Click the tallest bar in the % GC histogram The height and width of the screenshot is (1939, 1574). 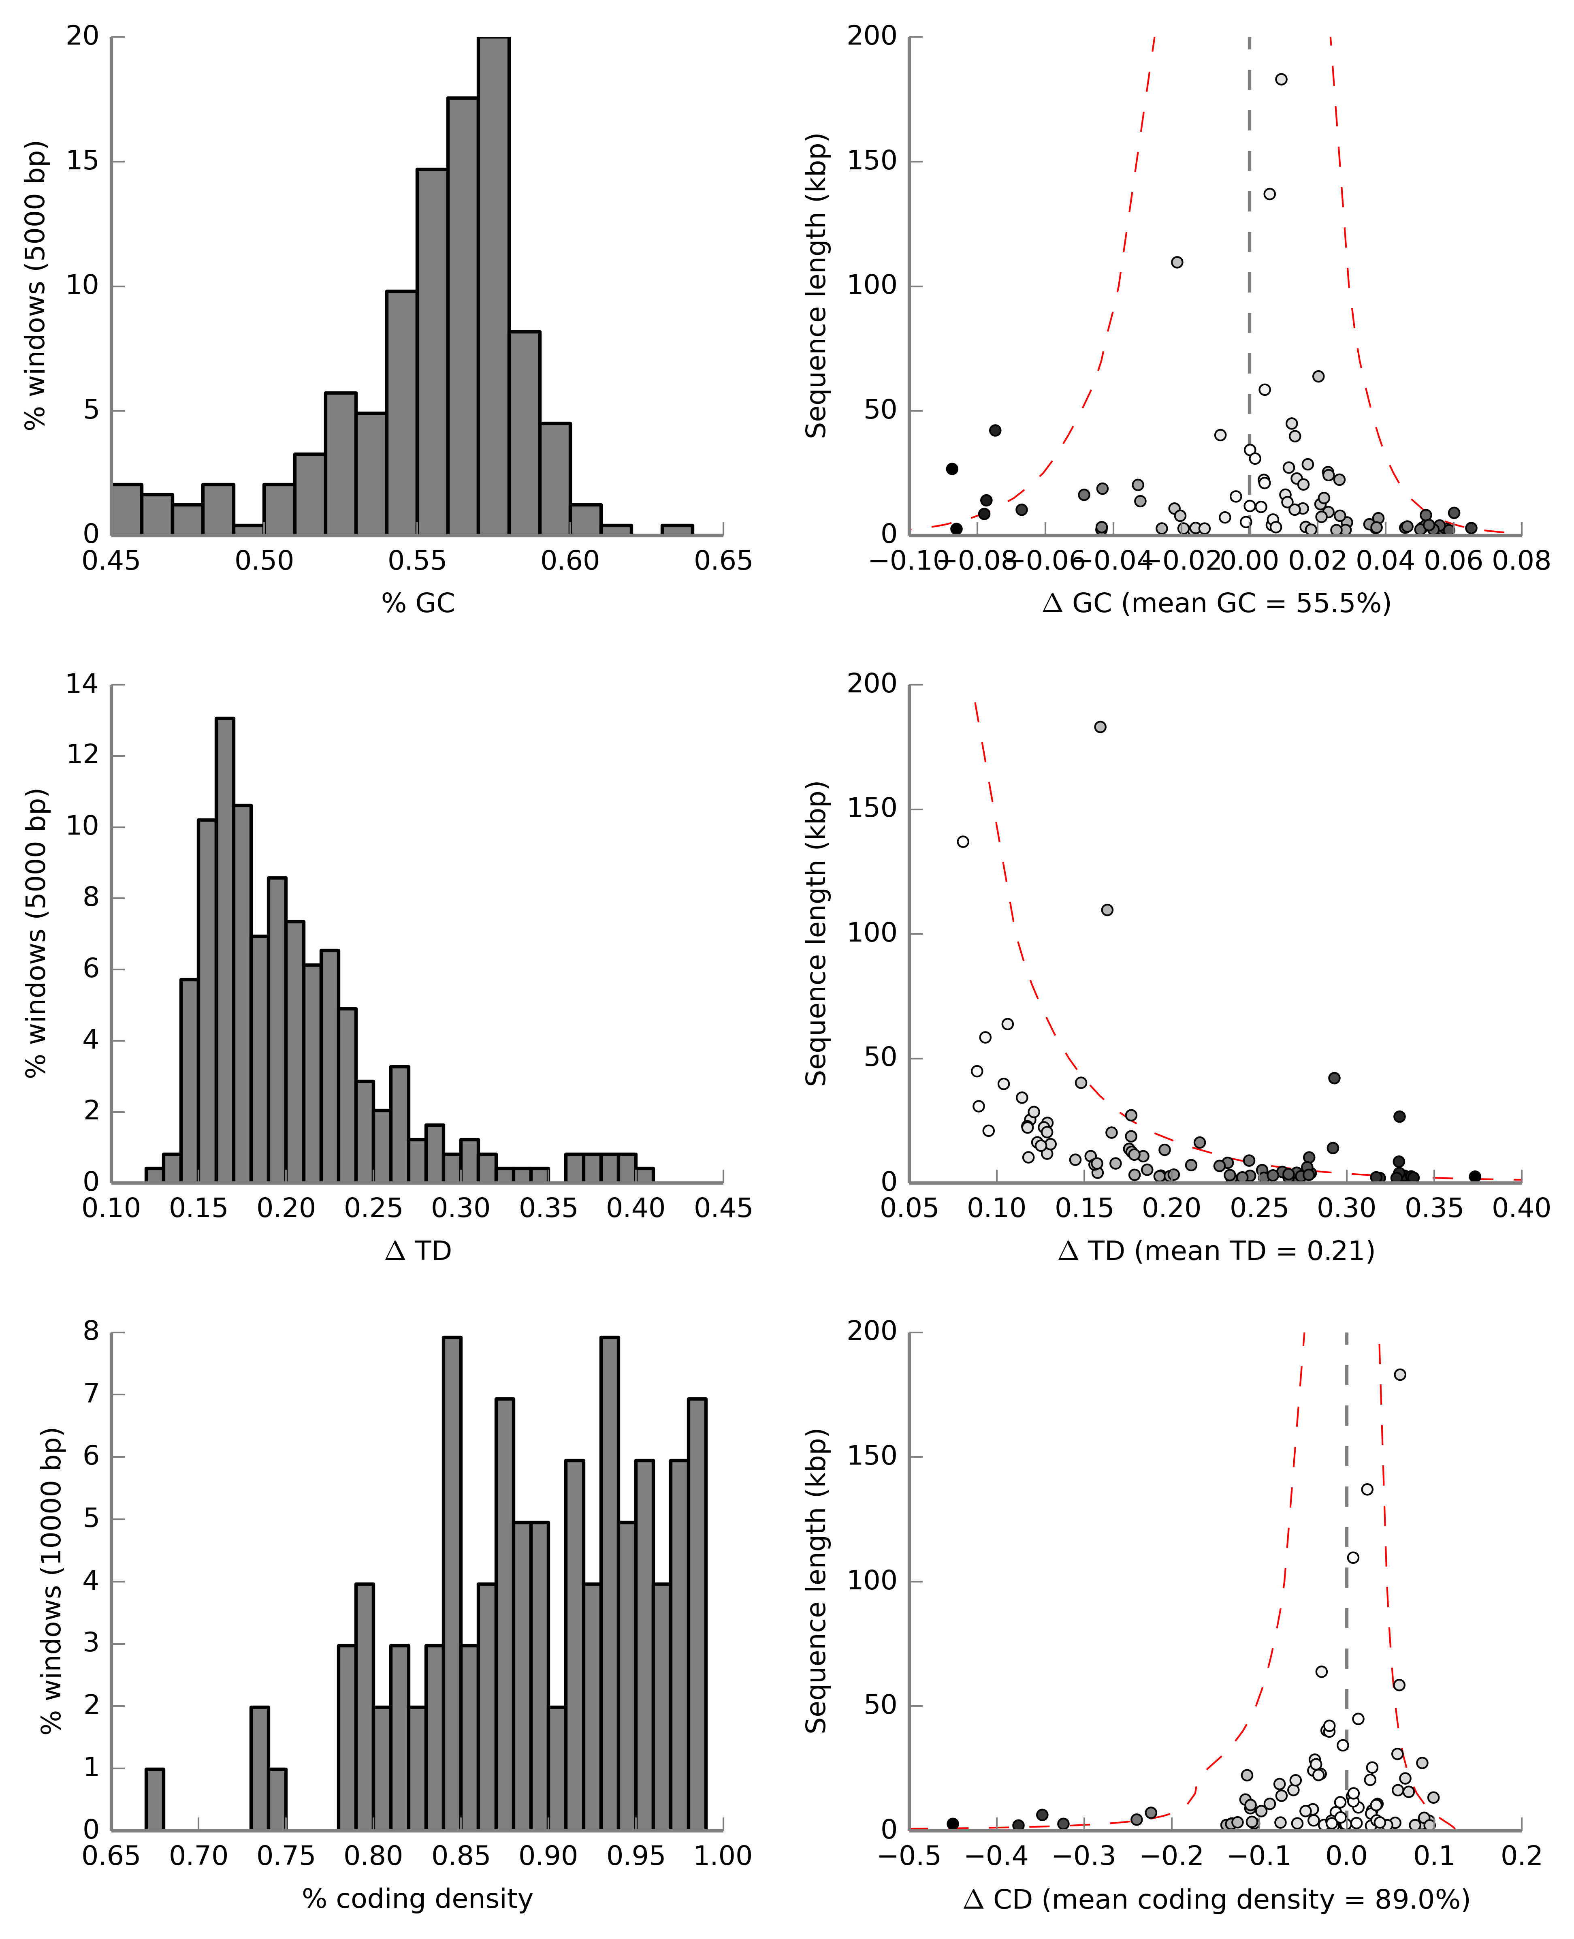pyautogui.click(x=493, y=286)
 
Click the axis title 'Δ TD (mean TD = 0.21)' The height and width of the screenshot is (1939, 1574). pyautogui.click(x=1216, y=1251)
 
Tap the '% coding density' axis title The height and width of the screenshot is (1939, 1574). pyautogui.click(x=418, y=1898)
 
